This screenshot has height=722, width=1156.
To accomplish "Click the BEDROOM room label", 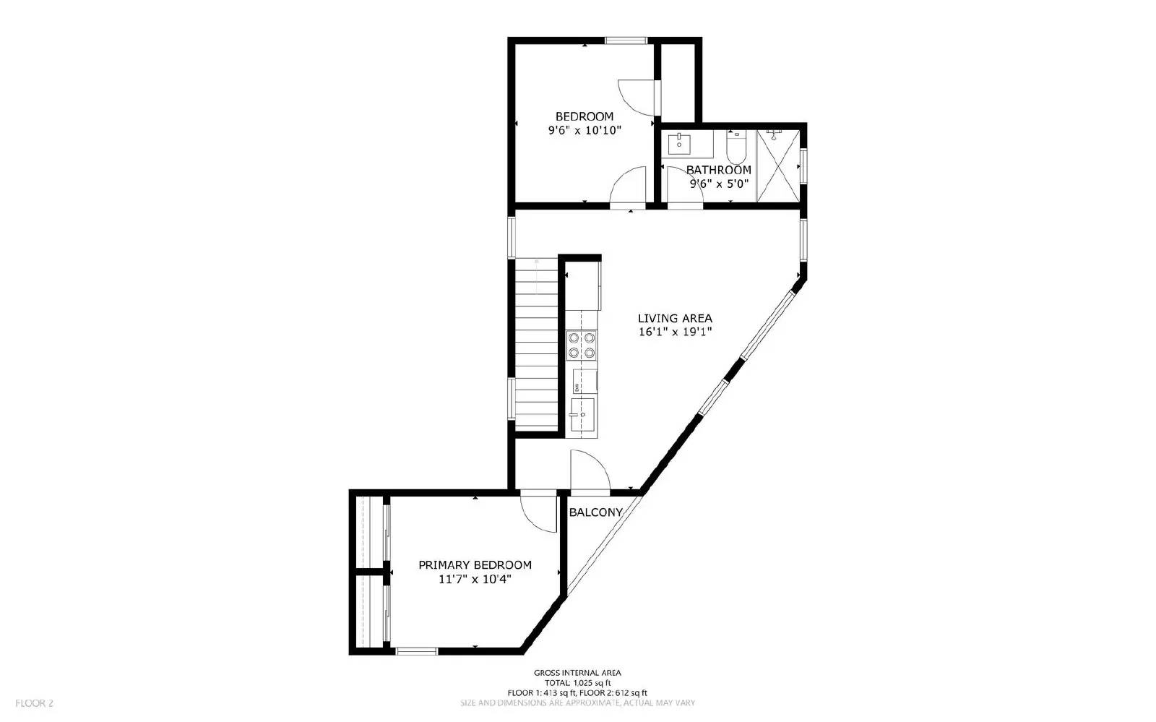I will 584,116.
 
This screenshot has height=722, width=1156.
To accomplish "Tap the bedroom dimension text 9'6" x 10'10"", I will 584,131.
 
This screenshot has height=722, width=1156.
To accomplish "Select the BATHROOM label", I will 718,170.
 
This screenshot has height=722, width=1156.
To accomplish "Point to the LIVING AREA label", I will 675,318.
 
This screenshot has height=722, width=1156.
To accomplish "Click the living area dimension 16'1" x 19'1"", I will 675,332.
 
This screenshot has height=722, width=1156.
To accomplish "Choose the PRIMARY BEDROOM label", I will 475,565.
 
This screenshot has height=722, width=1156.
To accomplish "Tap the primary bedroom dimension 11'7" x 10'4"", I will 475,579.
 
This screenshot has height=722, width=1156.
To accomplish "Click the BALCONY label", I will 595,512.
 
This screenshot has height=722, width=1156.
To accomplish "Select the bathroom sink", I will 679,144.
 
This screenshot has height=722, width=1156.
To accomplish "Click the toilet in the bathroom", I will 736,147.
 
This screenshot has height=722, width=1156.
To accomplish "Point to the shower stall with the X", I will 777,166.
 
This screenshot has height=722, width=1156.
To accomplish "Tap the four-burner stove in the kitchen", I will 582,345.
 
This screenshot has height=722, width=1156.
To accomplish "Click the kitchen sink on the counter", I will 582,415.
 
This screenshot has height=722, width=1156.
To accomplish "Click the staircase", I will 537,345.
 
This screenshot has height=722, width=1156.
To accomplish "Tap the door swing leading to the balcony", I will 590,470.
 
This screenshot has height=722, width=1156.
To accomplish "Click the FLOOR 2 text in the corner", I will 35,702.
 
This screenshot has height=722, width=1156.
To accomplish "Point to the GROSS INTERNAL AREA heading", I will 577,673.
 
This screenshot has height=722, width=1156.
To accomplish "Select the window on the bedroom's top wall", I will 625,41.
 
